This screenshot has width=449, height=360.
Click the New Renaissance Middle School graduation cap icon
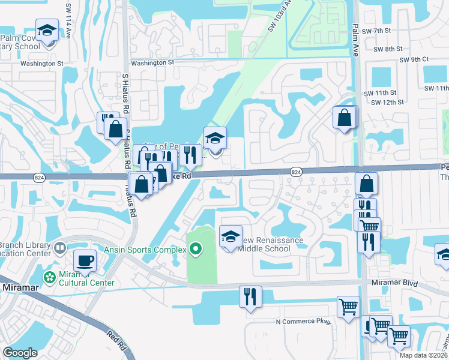[x=230, y=236]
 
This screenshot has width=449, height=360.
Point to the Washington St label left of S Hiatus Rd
[x=41, y=63]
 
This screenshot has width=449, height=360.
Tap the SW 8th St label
[x=387, y=49]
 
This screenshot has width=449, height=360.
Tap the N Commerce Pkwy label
[x=304, y=322]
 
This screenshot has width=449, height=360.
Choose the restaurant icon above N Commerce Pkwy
[x=250, y=296]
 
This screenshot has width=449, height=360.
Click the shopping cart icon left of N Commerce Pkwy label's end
[x=348, y=307]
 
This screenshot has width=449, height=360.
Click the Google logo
[x=20, y=353]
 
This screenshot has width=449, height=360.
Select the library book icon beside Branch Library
[x=60, y=247]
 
